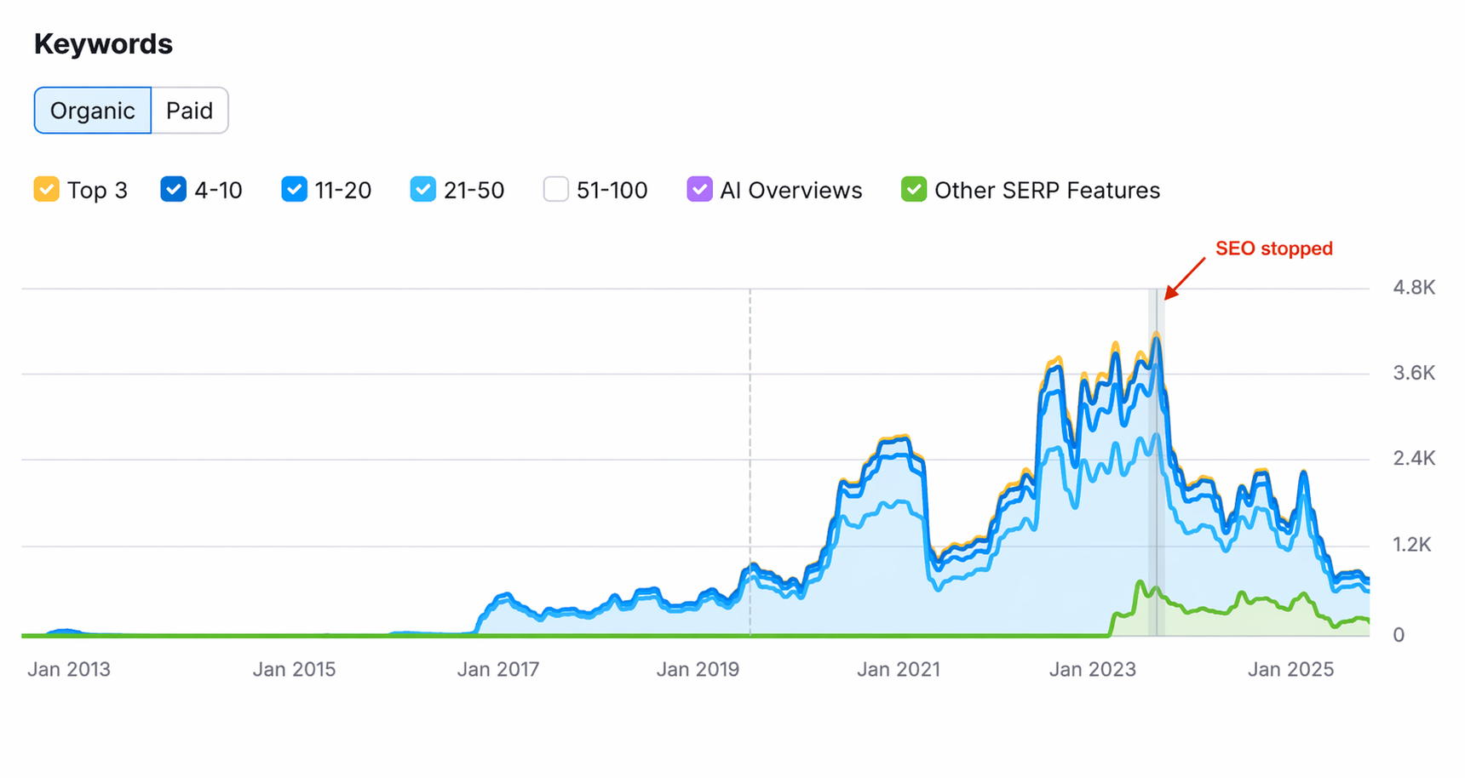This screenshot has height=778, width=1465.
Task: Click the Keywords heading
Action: tap(103, 44)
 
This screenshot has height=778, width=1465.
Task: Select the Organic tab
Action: tap(92, 111)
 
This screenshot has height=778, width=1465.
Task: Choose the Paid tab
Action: tap(189, 111)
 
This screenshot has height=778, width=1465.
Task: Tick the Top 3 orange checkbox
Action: tap(46, 189)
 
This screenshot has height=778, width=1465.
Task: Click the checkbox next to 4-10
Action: tap(173, 189)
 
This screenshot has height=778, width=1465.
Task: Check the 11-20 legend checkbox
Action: tap(294, 189)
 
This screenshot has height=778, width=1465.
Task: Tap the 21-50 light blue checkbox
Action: tap(422, 189)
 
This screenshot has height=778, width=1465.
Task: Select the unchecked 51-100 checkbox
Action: tap(555, 189)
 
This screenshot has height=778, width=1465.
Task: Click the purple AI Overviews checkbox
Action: tap(699, 189)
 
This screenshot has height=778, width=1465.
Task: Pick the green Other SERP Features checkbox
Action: tap(913, 189)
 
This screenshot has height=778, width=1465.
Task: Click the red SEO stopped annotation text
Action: tap(1273, 249)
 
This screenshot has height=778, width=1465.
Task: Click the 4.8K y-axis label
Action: tap(1413, 288)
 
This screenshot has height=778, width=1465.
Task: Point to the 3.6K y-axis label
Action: tap(1413, 373)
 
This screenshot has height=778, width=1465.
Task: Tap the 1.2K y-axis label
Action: tap(1411, 545)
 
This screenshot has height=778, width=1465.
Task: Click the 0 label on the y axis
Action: tap(1398, 635)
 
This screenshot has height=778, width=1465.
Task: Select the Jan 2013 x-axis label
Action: tap(69, 670)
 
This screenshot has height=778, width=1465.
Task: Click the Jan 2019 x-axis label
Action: tap(698, 670)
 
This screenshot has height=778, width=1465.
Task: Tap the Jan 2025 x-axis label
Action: tap(1290, 670)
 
